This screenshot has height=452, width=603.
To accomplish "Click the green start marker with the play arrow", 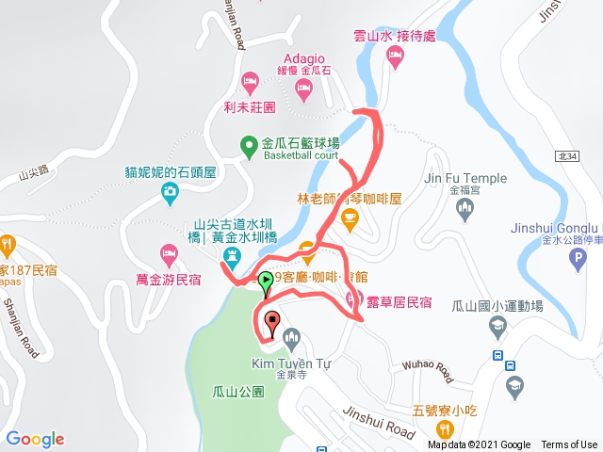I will click(266, 280).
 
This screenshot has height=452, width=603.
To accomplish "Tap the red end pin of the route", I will click(272, 319).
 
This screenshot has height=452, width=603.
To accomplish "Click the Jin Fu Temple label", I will click(465, 178).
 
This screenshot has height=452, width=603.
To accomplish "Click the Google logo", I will click(35, 439).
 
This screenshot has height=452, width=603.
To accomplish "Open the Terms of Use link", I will click(568, 445).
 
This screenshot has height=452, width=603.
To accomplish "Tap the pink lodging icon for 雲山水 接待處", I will click(396, 58).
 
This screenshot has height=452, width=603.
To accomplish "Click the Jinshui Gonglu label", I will click(555, 228).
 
